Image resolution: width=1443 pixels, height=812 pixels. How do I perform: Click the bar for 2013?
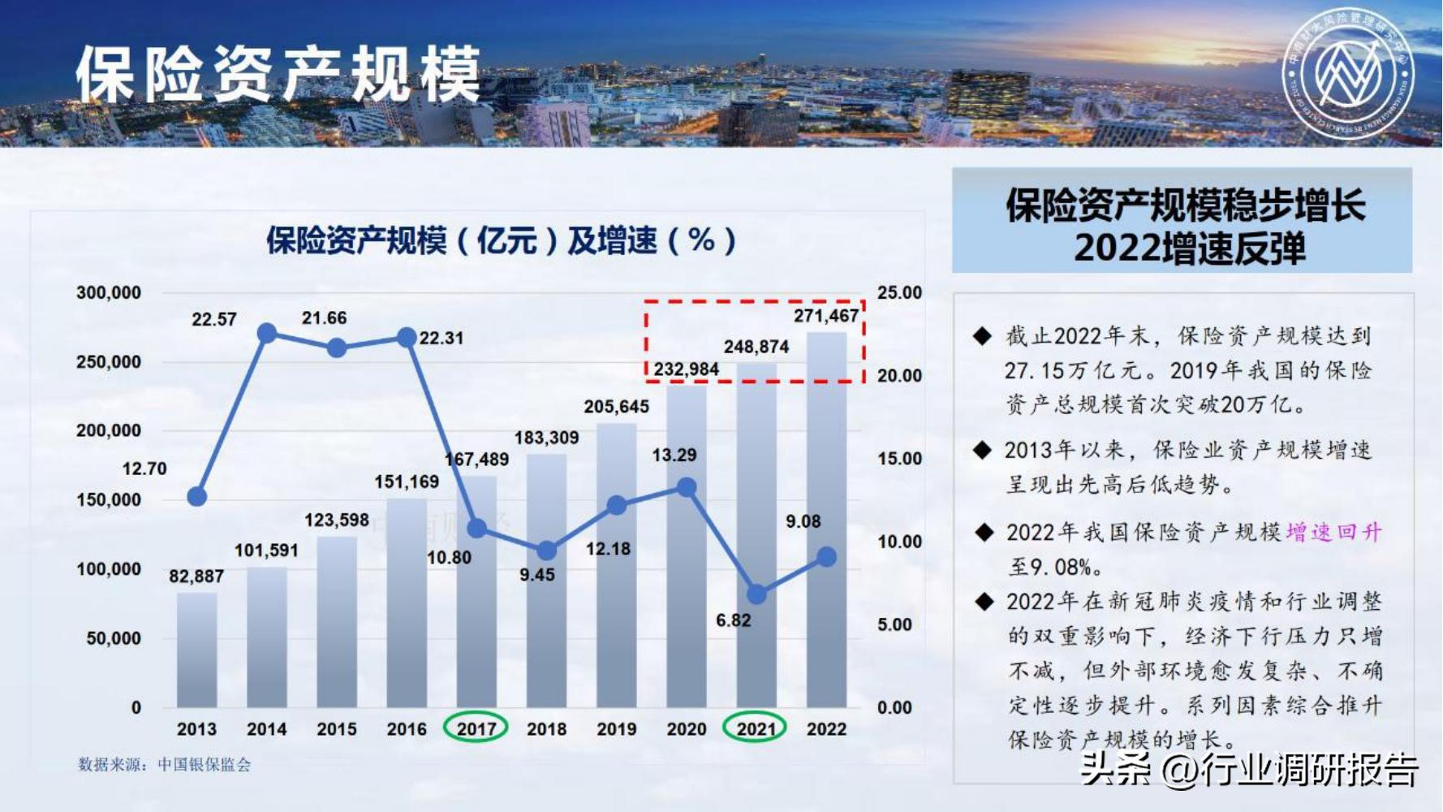197,650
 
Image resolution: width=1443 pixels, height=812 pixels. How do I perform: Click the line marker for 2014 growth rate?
267,333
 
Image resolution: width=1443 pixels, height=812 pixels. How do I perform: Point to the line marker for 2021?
756,594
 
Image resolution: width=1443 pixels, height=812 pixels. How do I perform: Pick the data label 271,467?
825,316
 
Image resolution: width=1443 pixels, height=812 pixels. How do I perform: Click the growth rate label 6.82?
733,620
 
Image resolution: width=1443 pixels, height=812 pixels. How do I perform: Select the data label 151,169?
407,482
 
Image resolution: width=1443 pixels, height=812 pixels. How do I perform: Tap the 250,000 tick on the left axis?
109,361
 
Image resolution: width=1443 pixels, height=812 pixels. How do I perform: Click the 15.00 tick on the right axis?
899,459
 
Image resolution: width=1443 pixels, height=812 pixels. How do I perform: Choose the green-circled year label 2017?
476,728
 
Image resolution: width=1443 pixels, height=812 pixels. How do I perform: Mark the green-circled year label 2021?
756,728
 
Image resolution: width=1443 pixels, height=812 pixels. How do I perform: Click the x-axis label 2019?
617,729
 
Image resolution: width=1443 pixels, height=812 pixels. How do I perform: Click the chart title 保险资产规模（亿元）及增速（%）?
501,240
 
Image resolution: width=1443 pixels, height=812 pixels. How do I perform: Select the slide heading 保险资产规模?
278,75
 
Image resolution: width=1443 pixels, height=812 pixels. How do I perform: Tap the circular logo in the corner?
1347,74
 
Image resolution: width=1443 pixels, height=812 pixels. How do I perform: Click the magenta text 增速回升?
1333,533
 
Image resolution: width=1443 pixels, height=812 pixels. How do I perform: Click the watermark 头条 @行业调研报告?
1250,769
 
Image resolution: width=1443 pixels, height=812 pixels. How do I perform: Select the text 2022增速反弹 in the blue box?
1190,248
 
